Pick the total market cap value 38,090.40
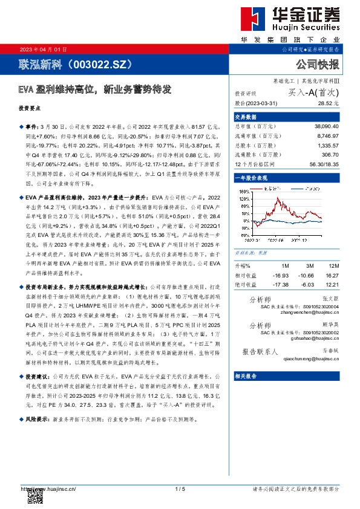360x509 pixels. [x=326, y=125]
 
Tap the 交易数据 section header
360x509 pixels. [x=246, y=117]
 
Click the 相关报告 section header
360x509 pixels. [x=246, y=375]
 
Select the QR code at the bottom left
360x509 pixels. [x=36, y=497]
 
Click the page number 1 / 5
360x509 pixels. [x=180, y=488]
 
